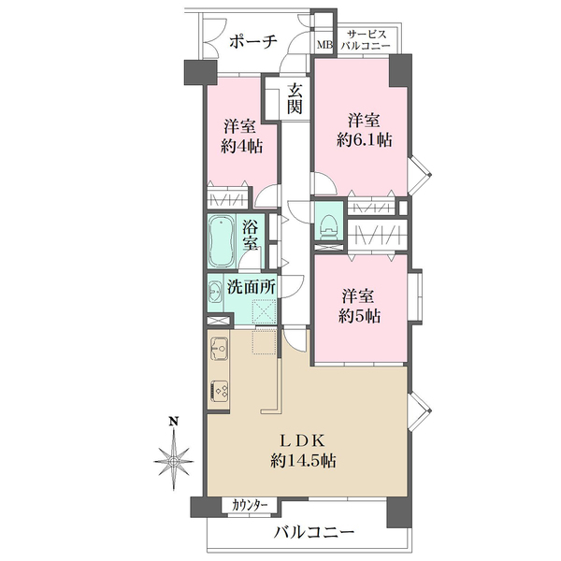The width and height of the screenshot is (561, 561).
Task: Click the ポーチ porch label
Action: click(x=253, y=42)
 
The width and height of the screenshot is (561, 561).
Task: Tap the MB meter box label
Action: click(x=325, y=45)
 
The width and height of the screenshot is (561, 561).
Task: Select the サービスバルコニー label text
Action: click(x=366, y=40)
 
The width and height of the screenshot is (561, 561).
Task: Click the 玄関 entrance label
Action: click(x=295, y=98)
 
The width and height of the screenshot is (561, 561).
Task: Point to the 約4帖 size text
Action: click(x=241, y=147)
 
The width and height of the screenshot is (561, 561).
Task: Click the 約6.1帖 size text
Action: click(x=365, y=140)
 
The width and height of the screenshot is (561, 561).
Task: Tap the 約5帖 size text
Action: click(x=360, y=316)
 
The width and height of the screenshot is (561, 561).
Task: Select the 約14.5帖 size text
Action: click(x=303, y=460)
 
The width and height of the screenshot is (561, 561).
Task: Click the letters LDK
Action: click(x=302, y=440)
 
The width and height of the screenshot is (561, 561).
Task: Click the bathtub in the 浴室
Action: click(x=222, y=240)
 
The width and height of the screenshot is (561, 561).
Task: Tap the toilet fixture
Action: click(x=329, y=227)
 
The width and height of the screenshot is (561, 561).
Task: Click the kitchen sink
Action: click(x=219, y=348)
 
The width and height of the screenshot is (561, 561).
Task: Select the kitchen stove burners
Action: click(x=220, y=390)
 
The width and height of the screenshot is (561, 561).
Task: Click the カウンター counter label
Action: click(x=250, y=506)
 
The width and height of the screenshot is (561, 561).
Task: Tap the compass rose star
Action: click(x=174, y=461)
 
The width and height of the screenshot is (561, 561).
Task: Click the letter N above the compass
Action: click(x=174, y=421)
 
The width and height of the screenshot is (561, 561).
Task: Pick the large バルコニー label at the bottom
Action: click(x=314, y=532)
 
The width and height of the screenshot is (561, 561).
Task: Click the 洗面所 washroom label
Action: click(x=252, y=287)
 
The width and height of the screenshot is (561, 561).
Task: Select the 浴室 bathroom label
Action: click(x=251, y=235)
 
